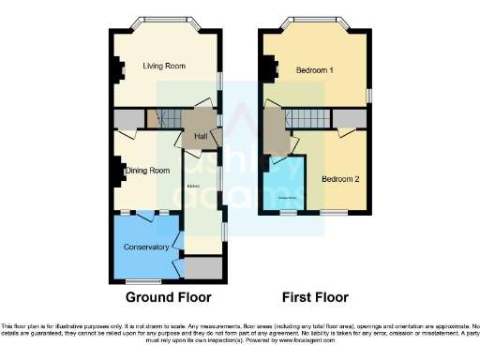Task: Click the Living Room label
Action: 163,67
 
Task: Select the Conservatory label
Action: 145,247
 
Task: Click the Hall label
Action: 200,137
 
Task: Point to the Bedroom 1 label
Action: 315,70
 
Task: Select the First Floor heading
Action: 318,298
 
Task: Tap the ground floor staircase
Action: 168,118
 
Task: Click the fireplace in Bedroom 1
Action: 266,69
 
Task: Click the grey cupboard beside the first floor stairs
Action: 348,117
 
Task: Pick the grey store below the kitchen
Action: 203,268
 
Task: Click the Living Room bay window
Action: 167,21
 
